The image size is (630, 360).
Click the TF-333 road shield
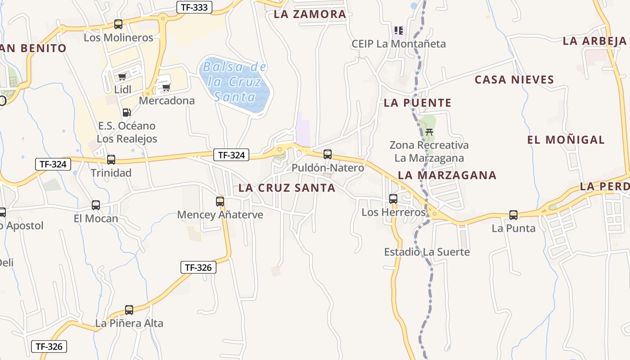(x=194, y=7)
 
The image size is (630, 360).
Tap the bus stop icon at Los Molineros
(x=118, y=24)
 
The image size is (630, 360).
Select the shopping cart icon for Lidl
(x=122, y=77)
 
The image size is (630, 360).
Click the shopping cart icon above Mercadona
(x=166, y=87)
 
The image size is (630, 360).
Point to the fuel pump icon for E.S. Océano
(x=127, y=112)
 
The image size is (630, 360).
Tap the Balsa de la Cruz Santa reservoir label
(x=234, y=82)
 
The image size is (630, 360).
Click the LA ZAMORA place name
(x=310, y=14)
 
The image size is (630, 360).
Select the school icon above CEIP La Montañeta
(x=398, y=31)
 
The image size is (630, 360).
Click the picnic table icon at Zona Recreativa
(x=429, y=132)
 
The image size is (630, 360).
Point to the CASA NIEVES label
(x=514, y=80)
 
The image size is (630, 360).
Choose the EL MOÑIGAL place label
(x=566, y=140)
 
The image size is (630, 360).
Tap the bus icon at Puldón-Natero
(x=328, y=154)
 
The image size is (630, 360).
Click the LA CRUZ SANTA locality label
(x=287, y=188)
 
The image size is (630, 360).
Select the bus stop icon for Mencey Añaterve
(x=220, y=201)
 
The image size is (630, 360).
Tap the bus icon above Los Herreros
(x=393, y=198)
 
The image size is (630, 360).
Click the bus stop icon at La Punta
(x=513, y=215)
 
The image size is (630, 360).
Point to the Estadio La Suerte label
(x=427, y=252)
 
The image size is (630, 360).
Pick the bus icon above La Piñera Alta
(x=129, y=310)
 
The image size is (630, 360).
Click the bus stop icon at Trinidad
(x=111, y=159)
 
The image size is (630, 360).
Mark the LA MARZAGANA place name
(x=447, y=175)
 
